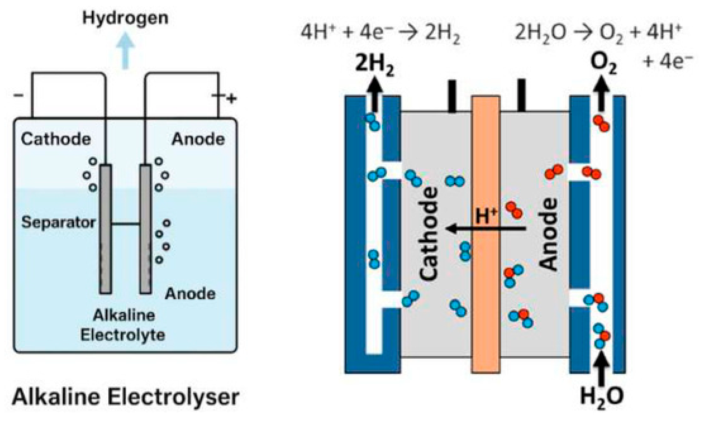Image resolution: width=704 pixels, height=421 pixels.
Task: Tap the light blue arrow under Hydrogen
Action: click(125, 51)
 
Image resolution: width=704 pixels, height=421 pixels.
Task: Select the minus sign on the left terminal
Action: click(18, 95)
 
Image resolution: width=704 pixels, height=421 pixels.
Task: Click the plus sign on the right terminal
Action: click(231, 99)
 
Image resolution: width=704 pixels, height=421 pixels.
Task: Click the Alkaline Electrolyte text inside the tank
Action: click(123, 325)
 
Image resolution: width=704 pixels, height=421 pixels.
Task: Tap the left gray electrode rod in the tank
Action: click(106, 229)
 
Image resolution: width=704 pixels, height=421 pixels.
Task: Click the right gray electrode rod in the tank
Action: click(145, 229)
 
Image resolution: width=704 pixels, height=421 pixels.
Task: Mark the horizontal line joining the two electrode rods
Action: click(126, 224)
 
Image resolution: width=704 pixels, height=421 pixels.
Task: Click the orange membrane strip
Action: click(486, 235)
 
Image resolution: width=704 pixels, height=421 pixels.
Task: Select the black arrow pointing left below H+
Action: click(486, 229)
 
